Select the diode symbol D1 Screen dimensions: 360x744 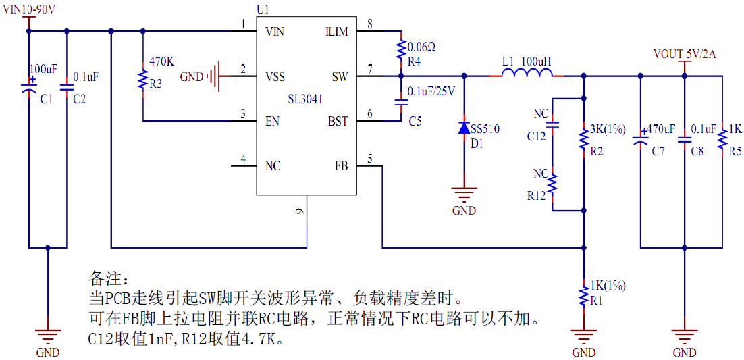(x=464, y=128)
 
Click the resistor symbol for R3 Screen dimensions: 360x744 (x=142, y=80)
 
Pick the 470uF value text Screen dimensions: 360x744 (x=661, y=128)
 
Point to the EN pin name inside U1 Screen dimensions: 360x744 (x=273, y=122)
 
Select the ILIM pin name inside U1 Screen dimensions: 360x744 (x=336, y=32)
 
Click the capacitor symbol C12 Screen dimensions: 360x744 (x=552, y=125)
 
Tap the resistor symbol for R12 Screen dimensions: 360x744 (x=552, y=183)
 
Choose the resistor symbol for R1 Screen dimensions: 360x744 (x=583, y=294)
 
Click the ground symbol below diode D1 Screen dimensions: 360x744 (x=464, y=195)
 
